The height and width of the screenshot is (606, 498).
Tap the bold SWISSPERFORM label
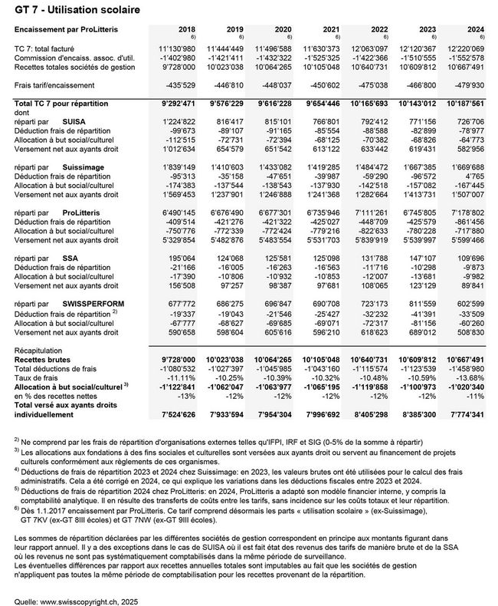[x=94, y=305]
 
